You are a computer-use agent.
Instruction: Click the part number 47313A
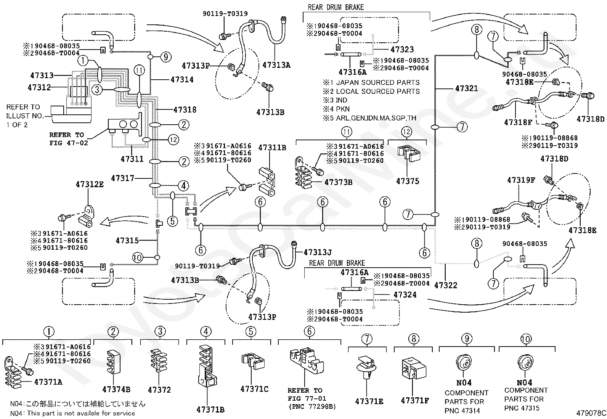[276, 65]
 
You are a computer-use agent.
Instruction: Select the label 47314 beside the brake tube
[182, 79]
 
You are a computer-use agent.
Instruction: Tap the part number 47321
[466, 88]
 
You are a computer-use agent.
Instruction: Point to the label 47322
[446, 285]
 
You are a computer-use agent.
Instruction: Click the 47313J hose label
[318, 252]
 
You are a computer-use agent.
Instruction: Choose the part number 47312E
[90, 184]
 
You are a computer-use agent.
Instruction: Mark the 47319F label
[521, 180]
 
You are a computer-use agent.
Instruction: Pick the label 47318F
[518, 122]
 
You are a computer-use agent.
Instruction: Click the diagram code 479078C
[591, 413]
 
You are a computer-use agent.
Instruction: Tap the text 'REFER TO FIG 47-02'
[69, 139]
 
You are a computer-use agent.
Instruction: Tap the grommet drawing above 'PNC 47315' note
[525, 363]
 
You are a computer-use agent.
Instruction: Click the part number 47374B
[116, 390]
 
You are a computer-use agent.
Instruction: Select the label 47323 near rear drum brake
[402, 49]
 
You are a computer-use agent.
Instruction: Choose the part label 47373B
[339, 182]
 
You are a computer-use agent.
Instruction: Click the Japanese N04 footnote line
[78, 404]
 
